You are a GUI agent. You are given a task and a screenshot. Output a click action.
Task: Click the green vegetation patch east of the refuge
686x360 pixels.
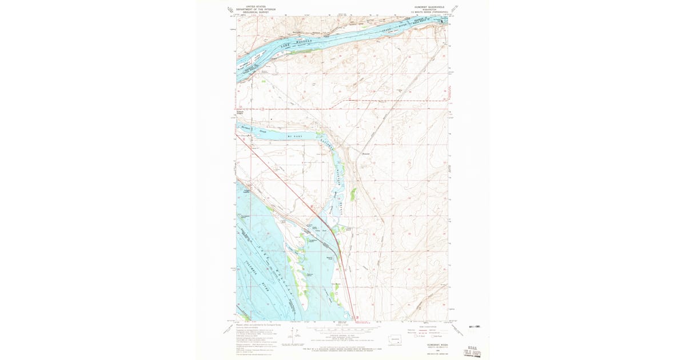point(353,194)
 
